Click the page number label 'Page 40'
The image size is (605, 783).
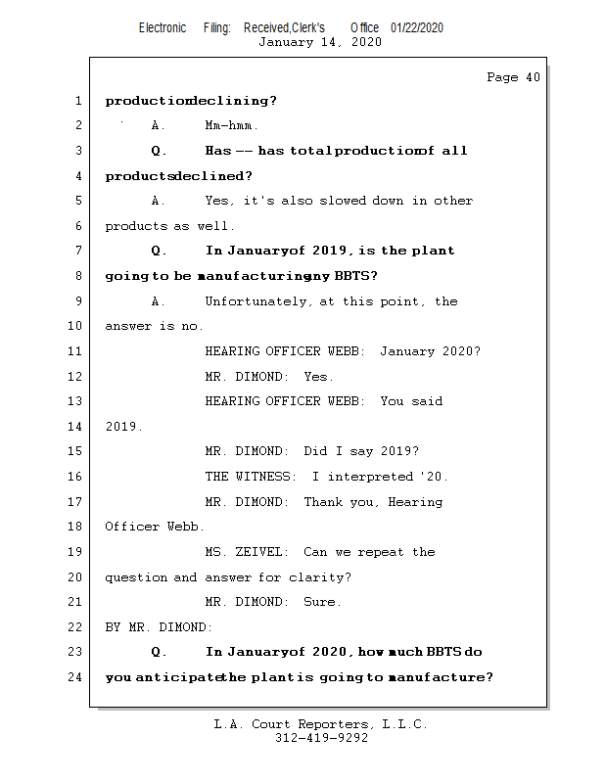pos(513,77)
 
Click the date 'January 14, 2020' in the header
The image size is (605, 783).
pos(320,42)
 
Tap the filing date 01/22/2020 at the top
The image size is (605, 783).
pos(417,27)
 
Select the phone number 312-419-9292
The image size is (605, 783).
pos(321,738)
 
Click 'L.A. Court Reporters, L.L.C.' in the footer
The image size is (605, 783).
pos(321,724)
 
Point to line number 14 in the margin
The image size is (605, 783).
pos(77,427)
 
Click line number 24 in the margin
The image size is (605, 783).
pos(77,677)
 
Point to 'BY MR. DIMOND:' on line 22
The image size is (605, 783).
pos(159,627)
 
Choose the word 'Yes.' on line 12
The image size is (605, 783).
pos(319,377)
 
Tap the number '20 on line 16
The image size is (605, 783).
pos(434,477)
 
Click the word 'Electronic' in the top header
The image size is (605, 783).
pos(163,27)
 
